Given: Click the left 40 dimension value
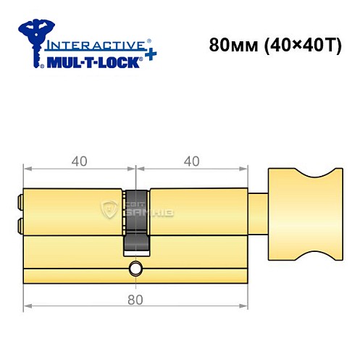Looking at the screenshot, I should pyautogui.click(x=80, y=161).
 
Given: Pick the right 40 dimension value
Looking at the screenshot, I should pyautogui.click(x=191, y=161).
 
